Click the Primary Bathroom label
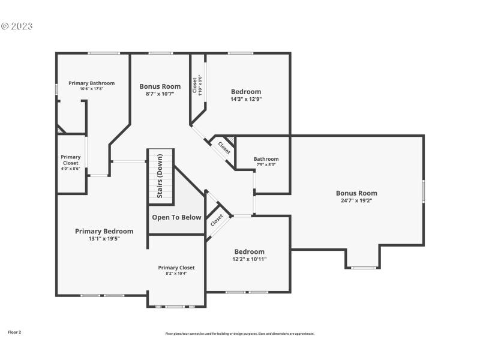[x=91, y=83]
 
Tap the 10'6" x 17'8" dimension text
[x=91, y=89]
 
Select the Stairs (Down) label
[x=160, y=176]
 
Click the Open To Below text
[x=176, y=217]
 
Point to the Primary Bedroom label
[x=104, y=231]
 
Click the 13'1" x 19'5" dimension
[x=104, y=238]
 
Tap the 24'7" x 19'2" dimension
[x=356, y=200]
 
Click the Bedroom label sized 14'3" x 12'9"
[x=246, y=92]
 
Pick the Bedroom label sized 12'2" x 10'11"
[x=249, y=251]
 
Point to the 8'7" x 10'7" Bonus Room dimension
[x=160, y=94]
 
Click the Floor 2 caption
[x=14, y=332]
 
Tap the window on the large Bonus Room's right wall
[x=424, y=191]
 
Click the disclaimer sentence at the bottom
[x=240, y=334]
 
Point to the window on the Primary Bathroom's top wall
[x=100, y=53]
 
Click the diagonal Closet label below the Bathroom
[x=217, y=220]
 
